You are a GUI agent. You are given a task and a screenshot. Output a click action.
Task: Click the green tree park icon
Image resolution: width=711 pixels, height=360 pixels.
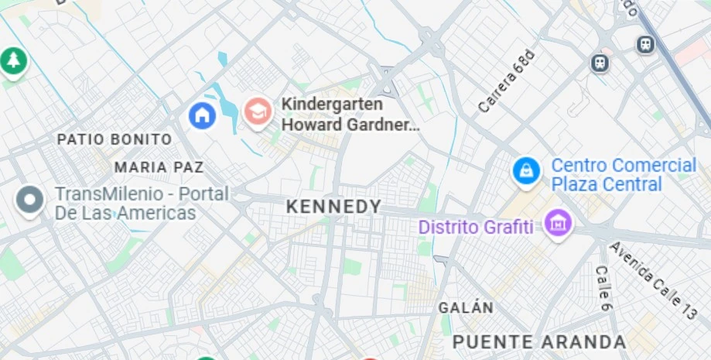click(x=12, y=60)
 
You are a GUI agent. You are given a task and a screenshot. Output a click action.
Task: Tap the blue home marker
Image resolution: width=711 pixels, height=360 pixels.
click(x=202, y=115)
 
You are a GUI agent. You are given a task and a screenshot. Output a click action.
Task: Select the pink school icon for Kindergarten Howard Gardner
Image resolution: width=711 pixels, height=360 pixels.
click(x=258, y=112)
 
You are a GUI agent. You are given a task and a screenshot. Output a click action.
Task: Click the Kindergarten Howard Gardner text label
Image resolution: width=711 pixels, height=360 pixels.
click(x=350, y=114)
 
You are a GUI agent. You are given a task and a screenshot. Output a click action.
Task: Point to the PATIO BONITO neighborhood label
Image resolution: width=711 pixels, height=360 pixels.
click(x=115, y=139)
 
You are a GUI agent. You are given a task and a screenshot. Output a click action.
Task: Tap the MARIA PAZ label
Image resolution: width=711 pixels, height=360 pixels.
click(x=159, y=167)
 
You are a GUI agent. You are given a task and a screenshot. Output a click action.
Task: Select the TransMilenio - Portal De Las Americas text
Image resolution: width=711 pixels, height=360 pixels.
click(x=141, y=204)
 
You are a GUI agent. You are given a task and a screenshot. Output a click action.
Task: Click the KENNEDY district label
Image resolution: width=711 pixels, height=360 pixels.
click(x=333, y=207)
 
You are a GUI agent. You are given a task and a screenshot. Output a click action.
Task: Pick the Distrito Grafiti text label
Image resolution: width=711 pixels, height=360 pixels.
click(x=475, y=228)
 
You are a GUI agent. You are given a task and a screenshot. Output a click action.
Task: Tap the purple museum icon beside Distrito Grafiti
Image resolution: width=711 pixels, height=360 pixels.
click(x=557, y=224)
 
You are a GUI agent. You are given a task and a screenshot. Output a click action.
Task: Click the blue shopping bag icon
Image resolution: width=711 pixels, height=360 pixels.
click(x=526, y=171)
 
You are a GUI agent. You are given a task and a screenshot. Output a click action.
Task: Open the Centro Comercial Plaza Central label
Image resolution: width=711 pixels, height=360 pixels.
click(x=623, y=175)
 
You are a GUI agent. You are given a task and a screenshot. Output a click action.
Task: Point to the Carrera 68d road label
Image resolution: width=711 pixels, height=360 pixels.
click(x=506, y=82)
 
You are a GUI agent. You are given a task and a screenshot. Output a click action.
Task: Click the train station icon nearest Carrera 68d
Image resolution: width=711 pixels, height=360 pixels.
click(x=600, y=63)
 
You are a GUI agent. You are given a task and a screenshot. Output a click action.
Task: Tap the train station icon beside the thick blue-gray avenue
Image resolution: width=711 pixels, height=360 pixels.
click(x=645, y=45)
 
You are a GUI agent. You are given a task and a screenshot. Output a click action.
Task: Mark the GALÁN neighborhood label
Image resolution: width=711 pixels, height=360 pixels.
click(x=466, y=307)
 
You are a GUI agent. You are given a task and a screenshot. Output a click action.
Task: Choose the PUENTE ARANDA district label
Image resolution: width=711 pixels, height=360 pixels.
click(x=538, y=341)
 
